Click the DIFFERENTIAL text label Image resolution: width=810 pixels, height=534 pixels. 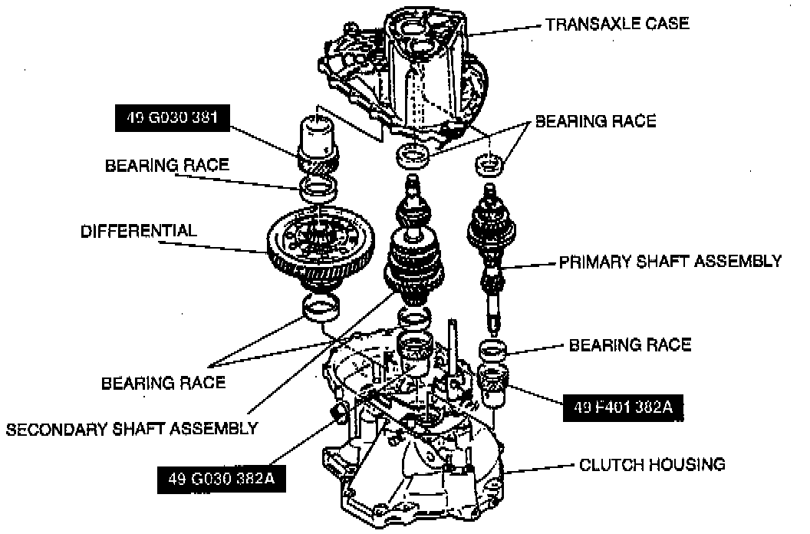[139, 231]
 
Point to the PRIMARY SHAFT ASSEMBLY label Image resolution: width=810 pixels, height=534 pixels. [670, 261]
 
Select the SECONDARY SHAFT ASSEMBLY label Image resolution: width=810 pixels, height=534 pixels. [131, 428]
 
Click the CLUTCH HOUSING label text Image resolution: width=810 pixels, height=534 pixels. [651, 464]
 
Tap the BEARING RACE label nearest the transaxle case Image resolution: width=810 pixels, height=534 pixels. [595, 121]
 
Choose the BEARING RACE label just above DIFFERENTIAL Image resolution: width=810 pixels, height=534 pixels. [167, 164]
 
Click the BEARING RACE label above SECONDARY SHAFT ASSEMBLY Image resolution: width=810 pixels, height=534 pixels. [163, 382]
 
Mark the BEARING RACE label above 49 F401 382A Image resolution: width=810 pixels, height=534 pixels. [629, 345]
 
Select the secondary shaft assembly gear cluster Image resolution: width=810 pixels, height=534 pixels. [415, 261]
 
